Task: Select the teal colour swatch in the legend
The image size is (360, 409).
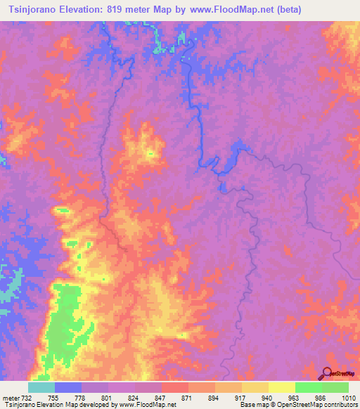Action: tap(41, 387)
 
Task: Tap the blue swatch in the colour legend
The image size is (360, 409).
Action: tap(68, 387)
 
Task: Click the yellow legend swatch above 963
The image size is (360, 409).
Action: tap(282, 387)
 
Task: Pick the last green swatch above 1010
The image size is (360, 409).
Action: tap(335, 387)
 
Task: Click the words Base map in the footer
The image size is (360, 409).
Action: tap(252, 405)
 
